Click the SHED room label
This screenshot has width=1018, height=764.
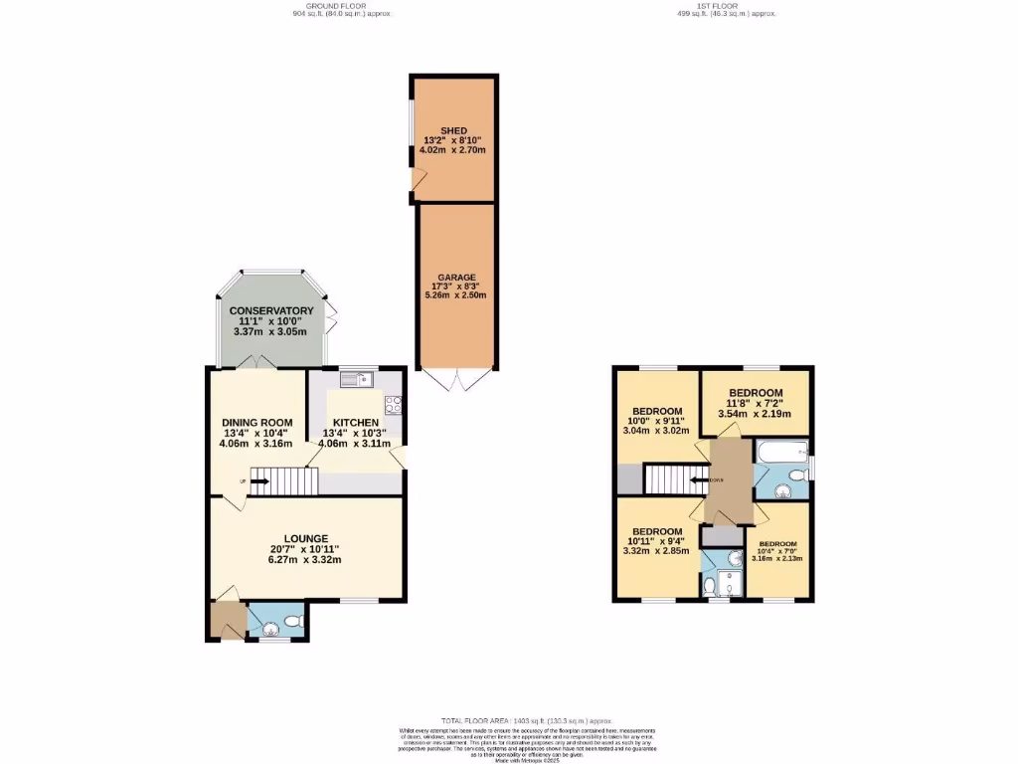453,130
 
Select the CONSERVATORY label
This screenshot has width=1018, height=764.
271,311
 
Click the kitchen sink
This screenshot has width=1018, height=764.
354,378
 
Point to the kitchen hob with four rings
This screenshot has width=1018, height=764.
393,404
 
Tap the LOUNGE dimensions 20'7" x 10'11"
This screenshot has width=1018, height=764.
305,549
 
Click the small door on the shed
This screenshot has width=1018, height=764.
420,180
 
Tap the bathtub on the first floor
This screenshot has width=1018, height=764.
780,454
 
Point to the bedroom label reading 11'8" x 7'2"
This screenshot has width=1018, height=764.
756,403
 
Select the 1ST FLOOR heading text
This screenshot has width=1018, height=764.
726,5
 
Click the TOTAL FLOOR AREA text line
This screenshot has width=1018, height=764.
527,719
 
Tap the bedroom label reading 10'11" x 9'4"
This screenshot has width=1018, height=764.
657,541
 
